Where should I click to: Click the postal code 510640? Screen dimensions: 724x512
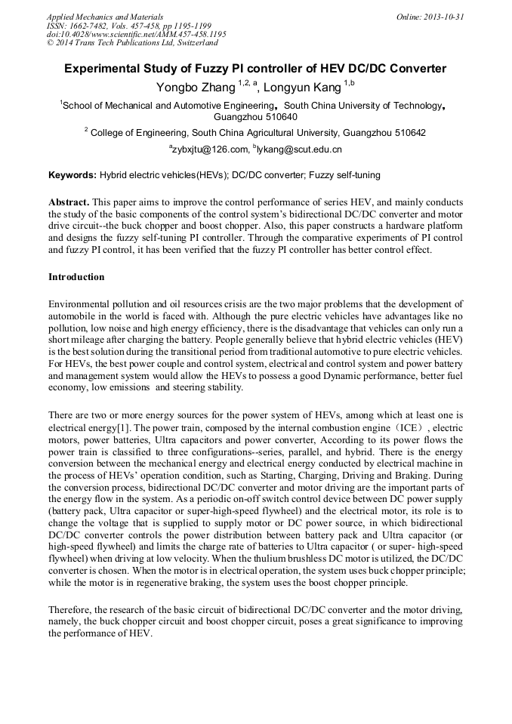[x=278, y=117]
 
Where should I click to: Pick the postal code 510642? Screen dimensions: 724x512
[x=405, y=133]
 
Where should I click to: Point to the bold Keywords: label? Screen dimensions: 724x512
[x=72, y=175]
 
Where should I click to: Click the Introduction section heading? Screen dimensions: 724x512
[x=76, y=277]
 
